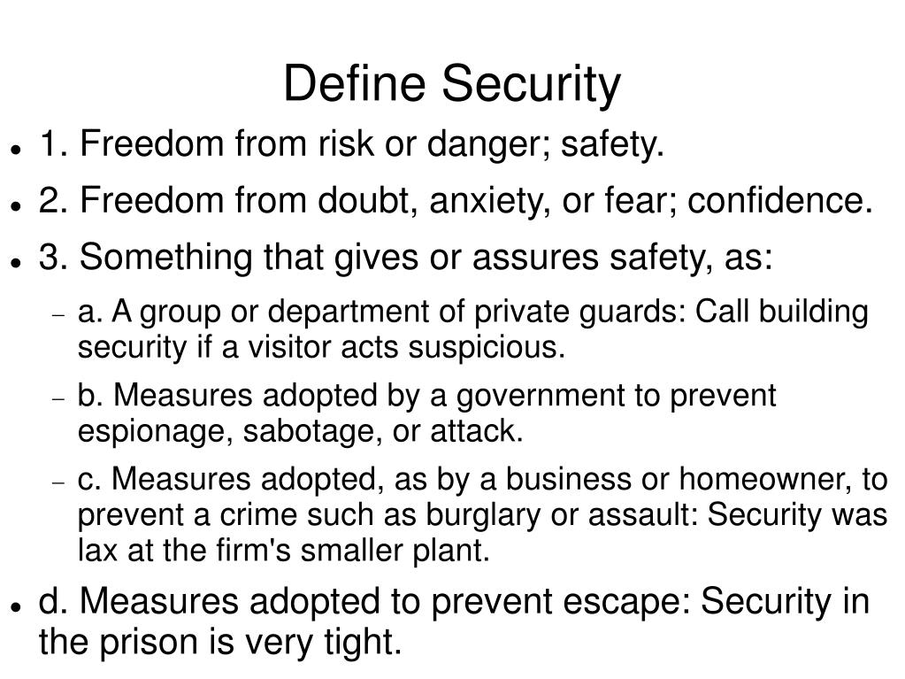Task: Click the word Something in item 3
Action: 157,258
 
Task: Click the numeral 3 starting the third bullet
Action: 49,258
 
